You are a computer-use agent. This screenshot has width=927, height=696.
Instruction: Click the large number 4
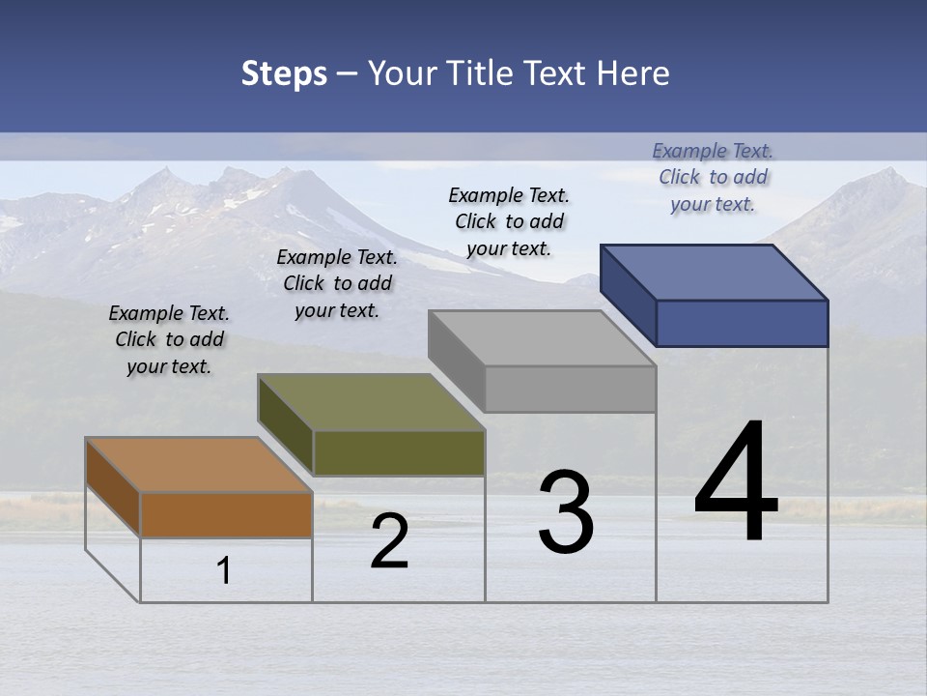[736, 482]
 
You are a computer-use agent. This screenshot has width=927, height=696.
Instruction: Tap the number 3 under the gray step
[566, 512]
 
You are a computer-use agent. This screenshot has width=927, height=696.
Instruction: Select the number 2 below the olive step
[389, 541]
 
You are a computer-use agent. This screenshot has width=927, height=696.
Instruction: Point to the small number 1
[224, 571]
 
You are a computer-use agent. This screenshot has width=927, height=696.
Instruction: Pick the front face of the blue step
[742, 323]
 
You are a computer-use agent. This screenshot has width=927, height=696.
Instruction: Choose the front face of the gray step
[570, 390]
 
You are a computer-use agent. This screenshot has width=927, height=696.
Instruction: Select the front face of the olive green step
[399, 453]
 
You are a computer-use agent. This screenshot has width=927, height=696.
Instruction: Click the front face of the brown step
[226, 515]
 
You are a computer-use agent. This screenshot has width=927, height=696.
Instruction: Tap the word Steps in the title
[284, 73]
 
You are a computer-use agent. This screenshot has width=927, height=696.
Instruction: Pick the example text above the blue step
[713, 177]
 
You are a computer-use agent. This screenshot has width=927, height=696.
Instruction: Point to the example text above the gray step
[509, 221]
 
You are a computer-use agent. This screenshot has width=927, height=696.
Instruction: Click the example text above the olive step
[337, 283]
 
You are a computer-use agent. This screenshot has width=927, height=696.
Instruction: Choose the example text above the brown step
[169, 339]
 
